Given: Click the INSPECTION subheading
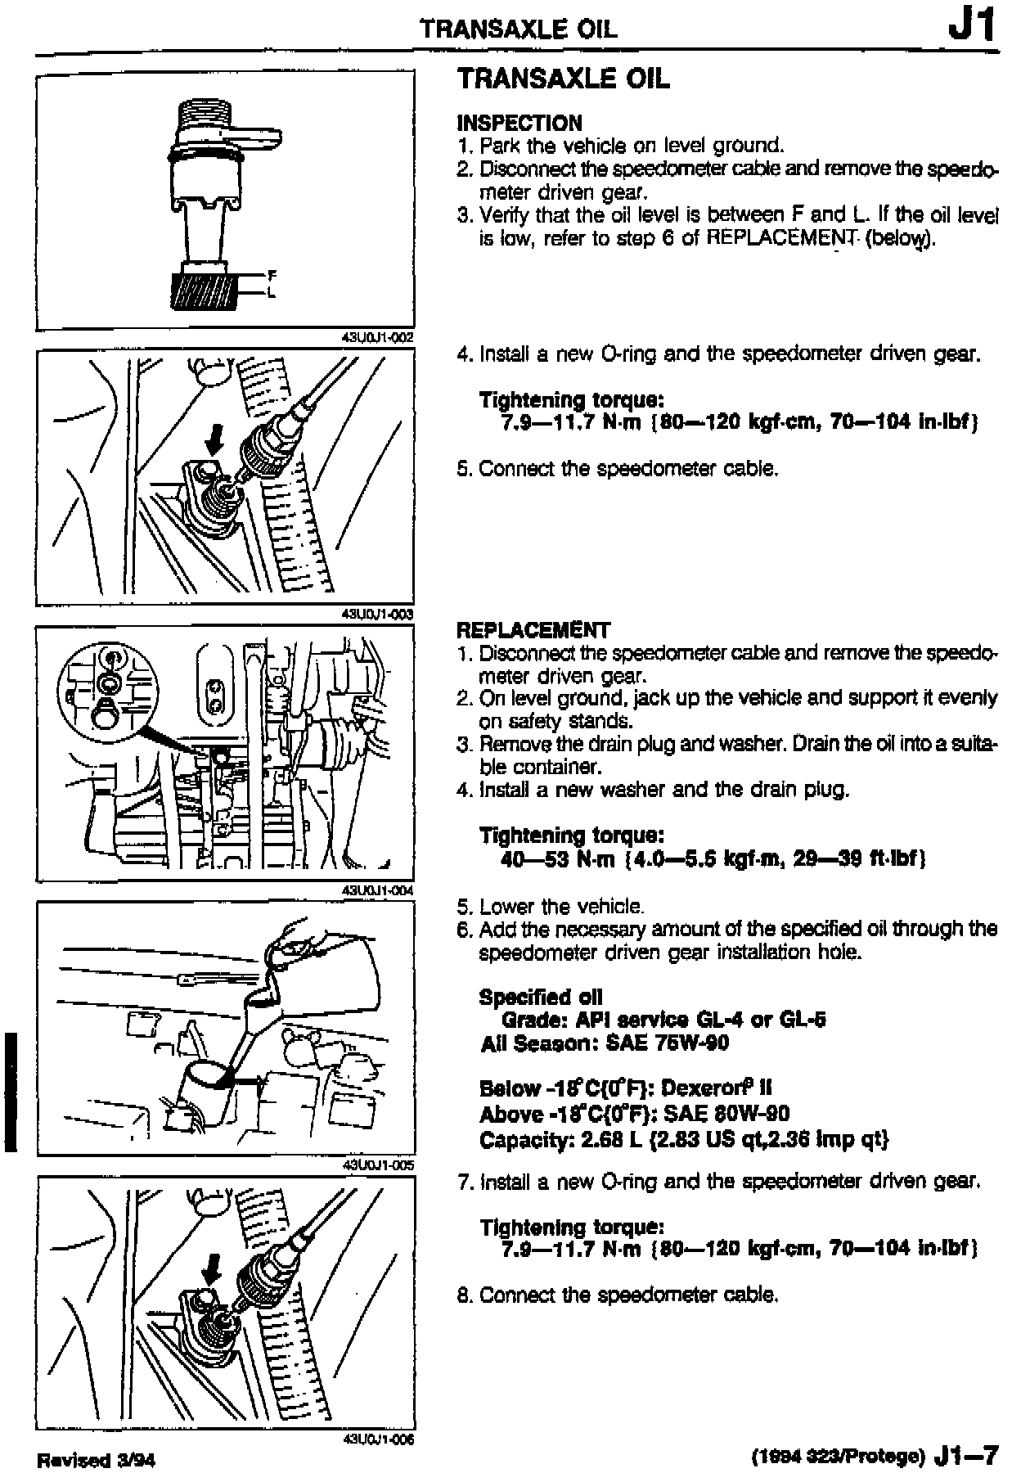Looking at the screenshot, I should point(519,123).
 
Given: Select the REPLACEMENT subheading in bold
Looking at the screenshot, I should point(533,630).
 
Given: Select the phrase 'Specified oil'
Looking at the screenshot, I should point(541,997).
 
